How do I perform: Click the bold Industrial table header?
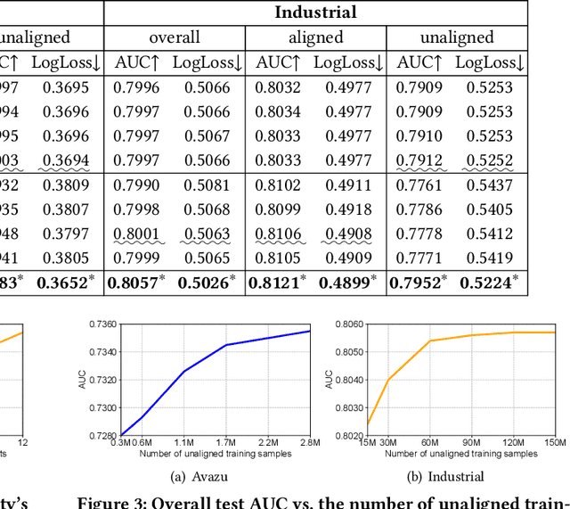tap(315, 12)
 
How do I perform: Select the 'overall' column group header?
tap(174, 37)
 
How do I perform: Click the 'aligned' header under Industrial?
tap(315, 37)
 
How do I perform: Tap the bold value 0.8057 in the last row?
tap(133, 283)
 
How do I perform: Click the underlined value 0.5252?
tap(489, 161)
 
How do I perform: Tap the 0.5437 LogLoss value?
tap(489, 186)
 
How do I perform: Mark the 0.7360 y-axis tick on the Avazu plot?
tap(103, 324)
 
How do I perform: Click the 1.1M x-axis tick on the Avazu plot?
tap(184, 442)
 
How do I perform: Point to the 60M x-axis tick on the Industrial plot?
tap(430, 442)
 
